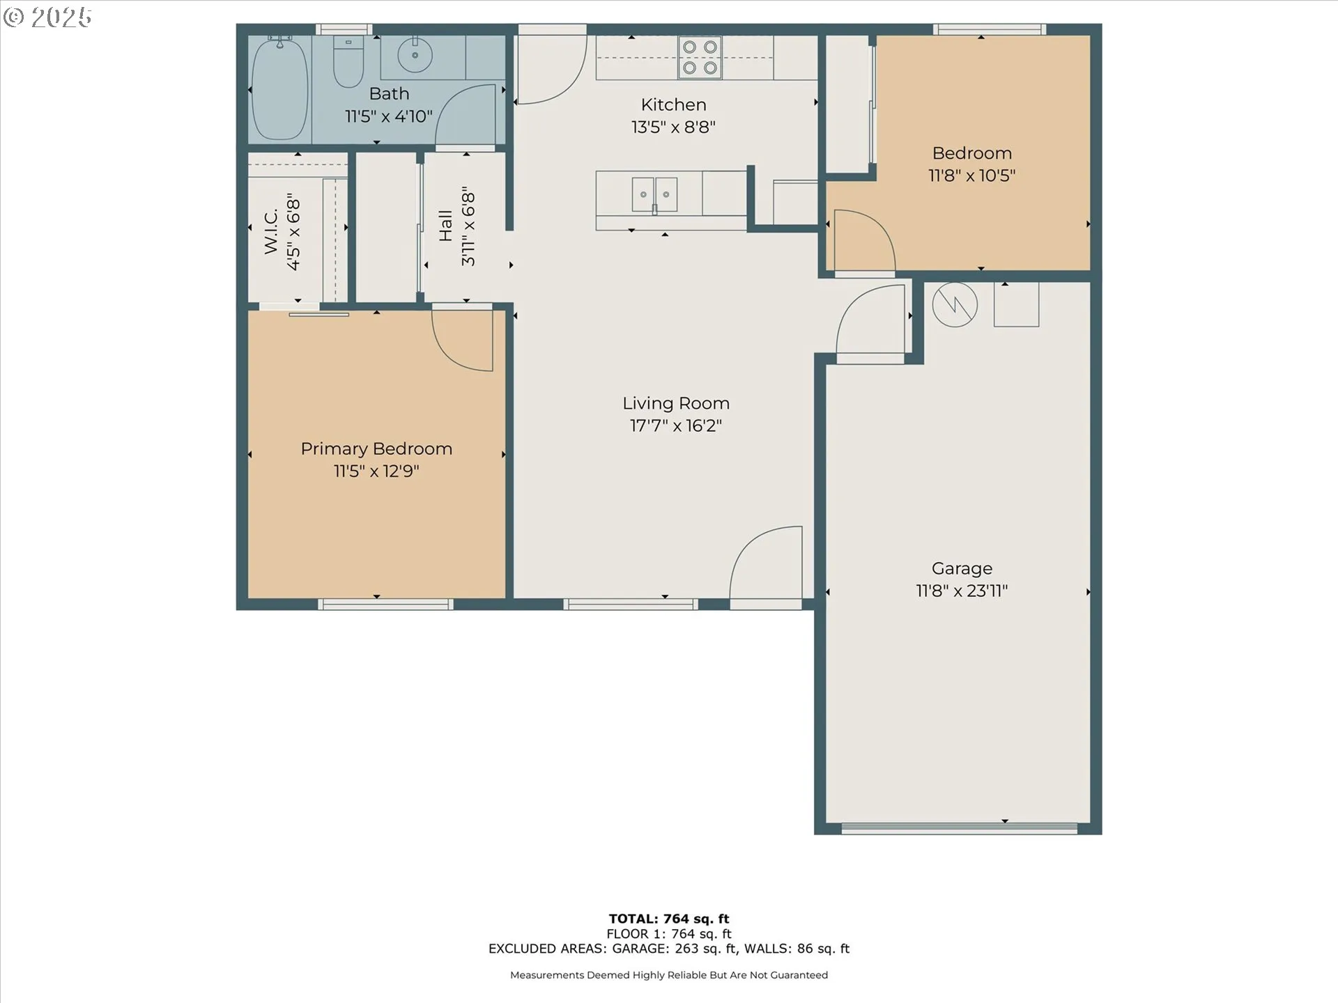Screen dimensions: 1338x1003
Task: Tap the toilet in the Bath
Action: [x=348, y=61]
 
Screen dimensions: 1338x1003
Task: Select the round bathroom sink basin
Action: [x=415, y=55]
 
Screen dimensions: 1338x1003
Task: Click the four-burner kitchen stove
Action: [x=700, y=57]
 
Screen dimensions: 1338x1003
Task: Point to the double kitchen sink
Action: [x=654, y=195]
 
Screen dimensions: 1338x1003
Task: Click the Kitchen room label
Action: [x=673, y=104]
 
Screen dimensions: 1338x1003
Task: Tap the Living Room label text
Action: [x=676, y=403]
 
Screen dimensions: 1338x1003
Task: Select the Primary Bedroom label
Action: [x=376, y=449]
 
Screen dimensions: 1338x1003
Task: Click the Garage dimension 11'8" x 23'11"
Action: [x=962, y=591]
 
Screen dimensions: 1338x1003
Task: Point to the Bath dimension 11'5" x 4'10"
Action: [x=389, y=116]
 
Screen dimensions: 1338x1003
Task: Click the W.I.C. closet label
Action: [x=271, y=231]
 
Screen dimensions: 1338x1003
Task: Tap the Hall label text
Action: [x=446, y=226]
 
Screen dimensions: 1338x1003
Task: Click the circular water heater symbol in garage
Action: [x=955, y=304]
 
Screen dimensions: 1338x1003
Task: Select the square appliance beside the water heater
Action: [x=1016, y=304]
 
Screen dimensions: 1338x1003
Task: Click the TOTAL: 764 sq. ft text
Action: [x=669, y=919]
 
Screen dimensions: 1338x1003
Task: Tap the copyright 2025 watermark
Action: [x=47, y=17]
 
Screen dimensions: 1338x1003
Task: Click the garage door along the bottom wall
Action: [x=959, y=828]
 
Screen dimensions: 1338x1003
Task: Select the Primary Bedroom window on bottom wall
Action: [x=386, y=604]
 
